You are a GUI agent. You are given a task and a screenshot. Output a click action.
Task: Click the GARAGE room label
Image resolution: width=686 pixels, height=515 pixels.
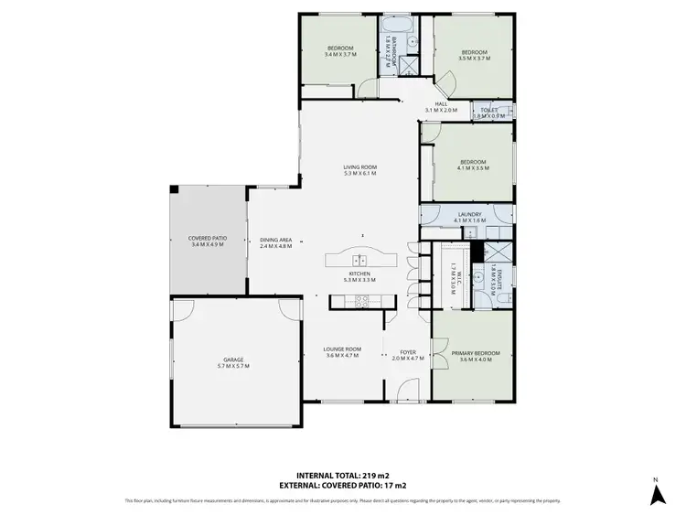pos(233,359)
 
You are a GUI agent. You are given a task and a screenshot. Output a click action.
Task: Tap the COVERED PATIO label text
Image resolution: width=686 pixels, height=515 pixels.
pos(207,238)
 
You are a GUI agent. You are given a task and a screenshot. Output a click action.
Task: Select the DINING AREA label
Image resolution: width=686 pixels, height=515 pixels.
pos(275,238)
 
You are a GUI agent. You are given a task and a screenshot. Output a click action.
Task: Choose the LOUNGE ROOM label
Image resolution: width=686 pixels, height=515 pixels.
pos(343,349)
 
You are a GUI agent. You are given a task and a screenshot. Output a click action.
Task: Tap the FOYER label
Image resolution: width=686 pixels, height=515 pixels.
pos(407,351)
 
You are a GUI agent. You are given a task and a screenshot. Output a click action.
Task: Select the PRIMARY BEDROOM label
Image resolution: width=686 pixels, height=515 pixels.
pos(472,352)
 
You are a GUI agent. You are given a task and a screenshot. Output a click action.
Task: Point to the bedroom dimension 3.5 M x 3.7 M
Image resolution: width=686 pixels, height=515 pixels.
pos(475,59)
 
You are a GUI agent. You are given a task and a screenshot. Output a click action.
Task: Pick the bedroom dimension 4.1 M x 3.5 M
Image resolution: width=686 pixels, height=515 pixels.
pos(474,169)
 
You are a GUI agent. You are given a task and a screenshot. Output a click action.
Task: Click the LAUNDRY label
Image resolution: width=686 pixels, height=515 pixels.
pos(469,215)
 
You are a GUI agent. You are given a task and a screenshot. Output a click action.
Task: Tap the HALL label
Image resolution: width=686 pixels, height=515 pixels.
pos(440,104)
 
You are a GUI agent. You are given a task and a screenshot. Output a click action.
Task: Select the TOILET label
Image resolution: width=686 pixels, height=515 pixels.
pos(488,110)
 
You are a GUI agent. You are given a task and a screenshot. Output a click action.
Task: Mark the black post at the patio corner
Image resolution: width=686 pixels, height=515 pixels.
pos(174,189)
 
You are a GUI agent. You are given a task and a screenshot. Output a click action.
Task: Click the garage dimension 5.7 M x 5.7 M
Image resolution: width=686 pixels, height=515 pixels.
pos(233,366)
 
